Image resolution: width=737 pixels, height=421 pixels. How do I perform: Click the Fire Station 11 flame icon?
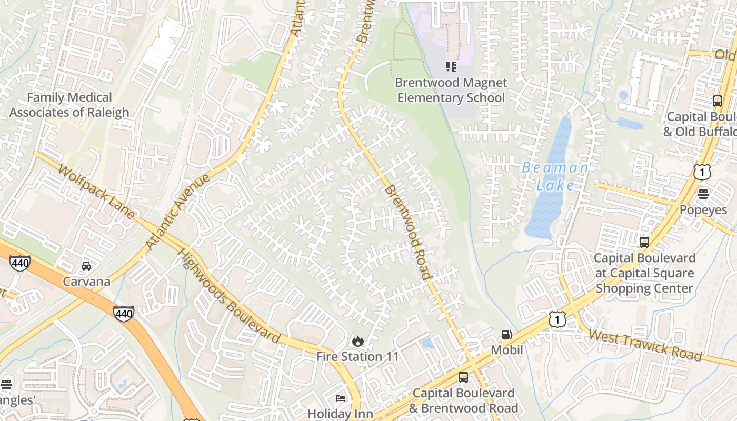358,341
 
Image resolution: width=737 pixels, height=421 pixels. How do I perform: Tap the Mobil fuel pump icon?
506,334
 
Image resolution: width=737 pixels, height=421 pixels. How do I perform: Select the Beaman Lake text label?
555,176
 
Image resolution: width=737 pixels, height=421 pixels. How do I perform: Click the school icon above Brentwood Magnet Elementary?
451,66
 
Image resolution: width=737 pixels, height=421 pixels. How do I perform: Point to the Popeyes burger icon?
703,194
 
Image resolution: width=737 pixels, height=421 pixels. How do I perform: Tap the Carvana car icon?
86,266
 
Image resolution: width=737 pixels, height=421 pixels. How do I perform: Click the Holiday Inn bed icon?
341,398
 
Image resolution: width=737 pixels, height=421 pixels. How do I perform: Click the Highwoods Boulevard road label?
229,295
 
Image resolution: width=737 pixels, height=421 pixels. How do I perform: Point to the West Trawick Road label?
645,345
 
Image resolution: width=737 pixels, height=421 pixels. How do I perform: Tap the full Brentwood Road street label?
408,232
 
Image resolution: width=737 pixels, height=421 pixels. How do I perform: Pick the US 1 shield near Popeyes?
702,172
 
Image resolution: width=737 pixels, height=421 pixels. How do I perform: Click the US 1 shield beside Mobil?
557,318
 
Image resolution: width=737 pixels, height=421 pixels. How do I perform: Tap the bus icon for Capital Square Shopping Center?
644,243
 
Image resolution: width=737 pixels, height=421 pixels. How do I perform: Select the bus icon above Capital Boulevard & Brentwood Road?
463,377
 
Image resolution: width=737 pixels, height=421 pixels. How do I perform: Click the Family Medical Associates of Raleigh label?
69,105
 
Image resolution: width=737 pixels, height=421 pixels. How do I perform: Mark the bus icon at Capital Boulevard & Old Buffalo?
717,101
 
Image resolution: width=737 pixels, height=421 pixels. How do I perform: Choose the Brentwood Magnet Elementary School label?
451,90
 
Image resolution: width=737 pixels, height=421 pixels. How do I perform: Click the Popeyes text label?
703,210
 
